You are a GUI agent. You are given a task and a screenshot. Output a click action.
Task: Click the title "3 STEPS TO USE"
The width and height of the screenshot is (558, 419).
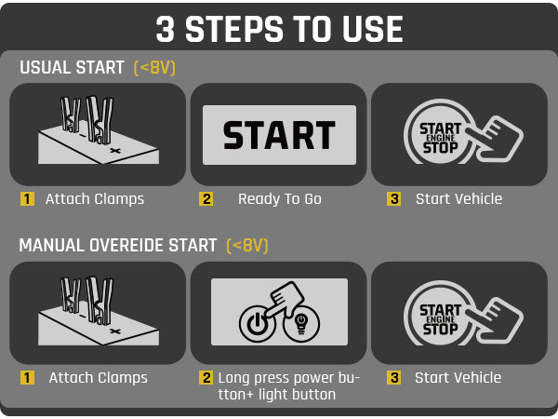pyautogui.click(x=279, y=29)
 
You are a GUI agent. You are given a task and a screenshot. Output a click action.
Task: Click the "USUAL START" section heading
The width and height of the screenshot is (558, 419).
pyautogui.click(x=72, y=67)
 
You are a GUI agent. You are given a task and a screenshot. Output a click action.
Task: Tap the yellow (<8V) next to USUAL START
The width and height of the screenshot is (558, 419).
pyautogui.click(x=154, y=68)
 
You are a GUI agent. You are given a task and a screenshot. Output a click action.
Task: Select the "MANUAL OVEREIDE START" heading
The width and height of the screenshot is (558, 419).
pyautogui.click(x=118, y=245)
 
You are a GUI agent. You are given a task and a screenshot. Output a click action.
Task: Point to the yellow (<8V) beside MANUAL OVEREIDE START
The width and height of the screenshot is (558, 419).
pyautogui.click(x=247, y=246)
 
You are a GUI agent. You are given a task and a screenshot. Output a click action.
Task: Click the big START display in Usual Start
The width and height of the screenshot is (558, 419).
pyautogui.click(x=279, y=135)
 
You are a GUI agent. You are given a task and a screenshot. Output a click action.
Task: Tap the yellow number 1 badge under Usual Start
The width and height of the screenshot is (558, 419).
pyautogui.click(x=27, y=199)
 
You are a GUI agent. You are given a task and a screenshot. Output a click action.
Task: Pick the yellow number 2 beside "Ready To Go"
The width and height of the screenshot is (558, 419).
pyautogui.click(x=206, y=199)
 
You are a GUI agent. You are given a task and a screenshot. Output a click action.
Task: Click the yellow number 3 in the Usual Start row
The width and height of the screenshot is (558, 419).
pyautogui.click(x=393, y=199)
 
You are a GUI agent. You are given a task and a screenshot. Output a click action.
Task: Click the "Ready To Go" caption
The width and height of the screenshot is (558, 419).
pyautogui.click(x=280, y=199)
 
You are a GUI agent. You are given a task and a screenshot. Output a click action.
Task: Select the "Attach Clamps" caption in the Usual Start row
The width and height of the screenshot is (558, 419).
pyautogui.click(x=95, y=199)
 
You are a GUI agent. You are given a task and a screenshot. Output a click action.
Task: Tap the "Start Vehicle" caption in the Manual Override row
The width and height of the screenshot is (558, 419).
pyautogui.click(x=458, y=378)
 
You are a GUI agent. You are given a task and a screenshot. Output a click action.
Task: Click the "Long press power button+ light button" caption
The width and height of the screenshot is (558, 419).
pyautogui.click(x=289, y=385)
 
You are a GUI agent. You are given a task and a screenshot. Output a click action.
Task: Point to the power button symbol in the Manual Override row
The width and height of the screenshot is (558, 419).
pyautogui.click(x=257, y=323)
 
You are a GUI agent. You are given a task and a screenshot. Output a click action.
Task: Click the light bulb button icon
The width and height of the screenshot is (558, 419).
pyautogui.click(x=301, y=324)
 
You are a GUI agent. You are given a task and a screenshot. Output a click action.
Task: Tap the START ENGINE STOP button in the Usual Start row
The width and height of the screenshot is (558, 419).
pyautogui.click(x=440, y=137)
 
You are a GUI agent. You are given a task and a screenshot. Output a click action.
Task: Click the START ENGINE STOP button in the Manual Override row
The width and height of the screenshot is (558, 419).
pyautogui.click(x=440, y=318)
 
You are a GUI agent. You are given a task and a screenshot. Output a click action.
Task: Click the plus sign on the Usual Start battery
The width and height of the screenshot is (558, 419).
pyautogui.click(x=115, y=151)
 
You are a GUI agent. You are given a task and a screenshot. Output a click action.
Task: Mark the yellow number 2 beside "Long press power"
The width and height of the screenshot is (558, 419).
pyautogui.click(x=206, y=378)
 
